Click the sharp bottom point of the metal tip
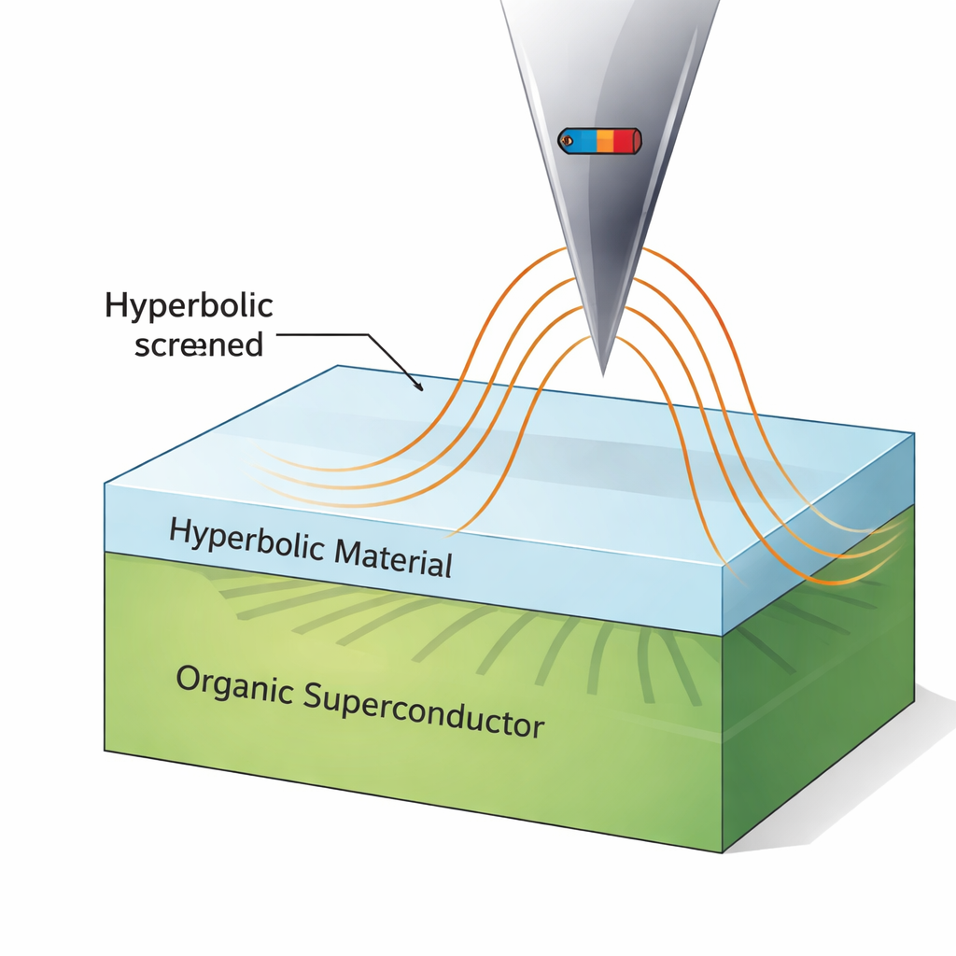click(x=602, y=373)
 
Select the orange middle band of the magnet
click(x=604, y=141)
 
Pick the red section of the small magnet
click(x=623, y=141)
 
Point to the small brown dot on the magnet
click(x=565, y=141)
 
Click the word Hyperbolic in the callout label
click(x=189, y=307)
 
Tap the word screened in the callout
click(x=198, y=345)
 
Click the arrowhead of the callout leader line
click(x=421, y=388)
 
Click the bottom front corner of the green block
click(x=722, y=851)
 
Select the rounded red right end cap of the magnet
click(x=638, y=141)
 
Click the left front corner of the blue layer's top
click(x=105, y=484)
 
